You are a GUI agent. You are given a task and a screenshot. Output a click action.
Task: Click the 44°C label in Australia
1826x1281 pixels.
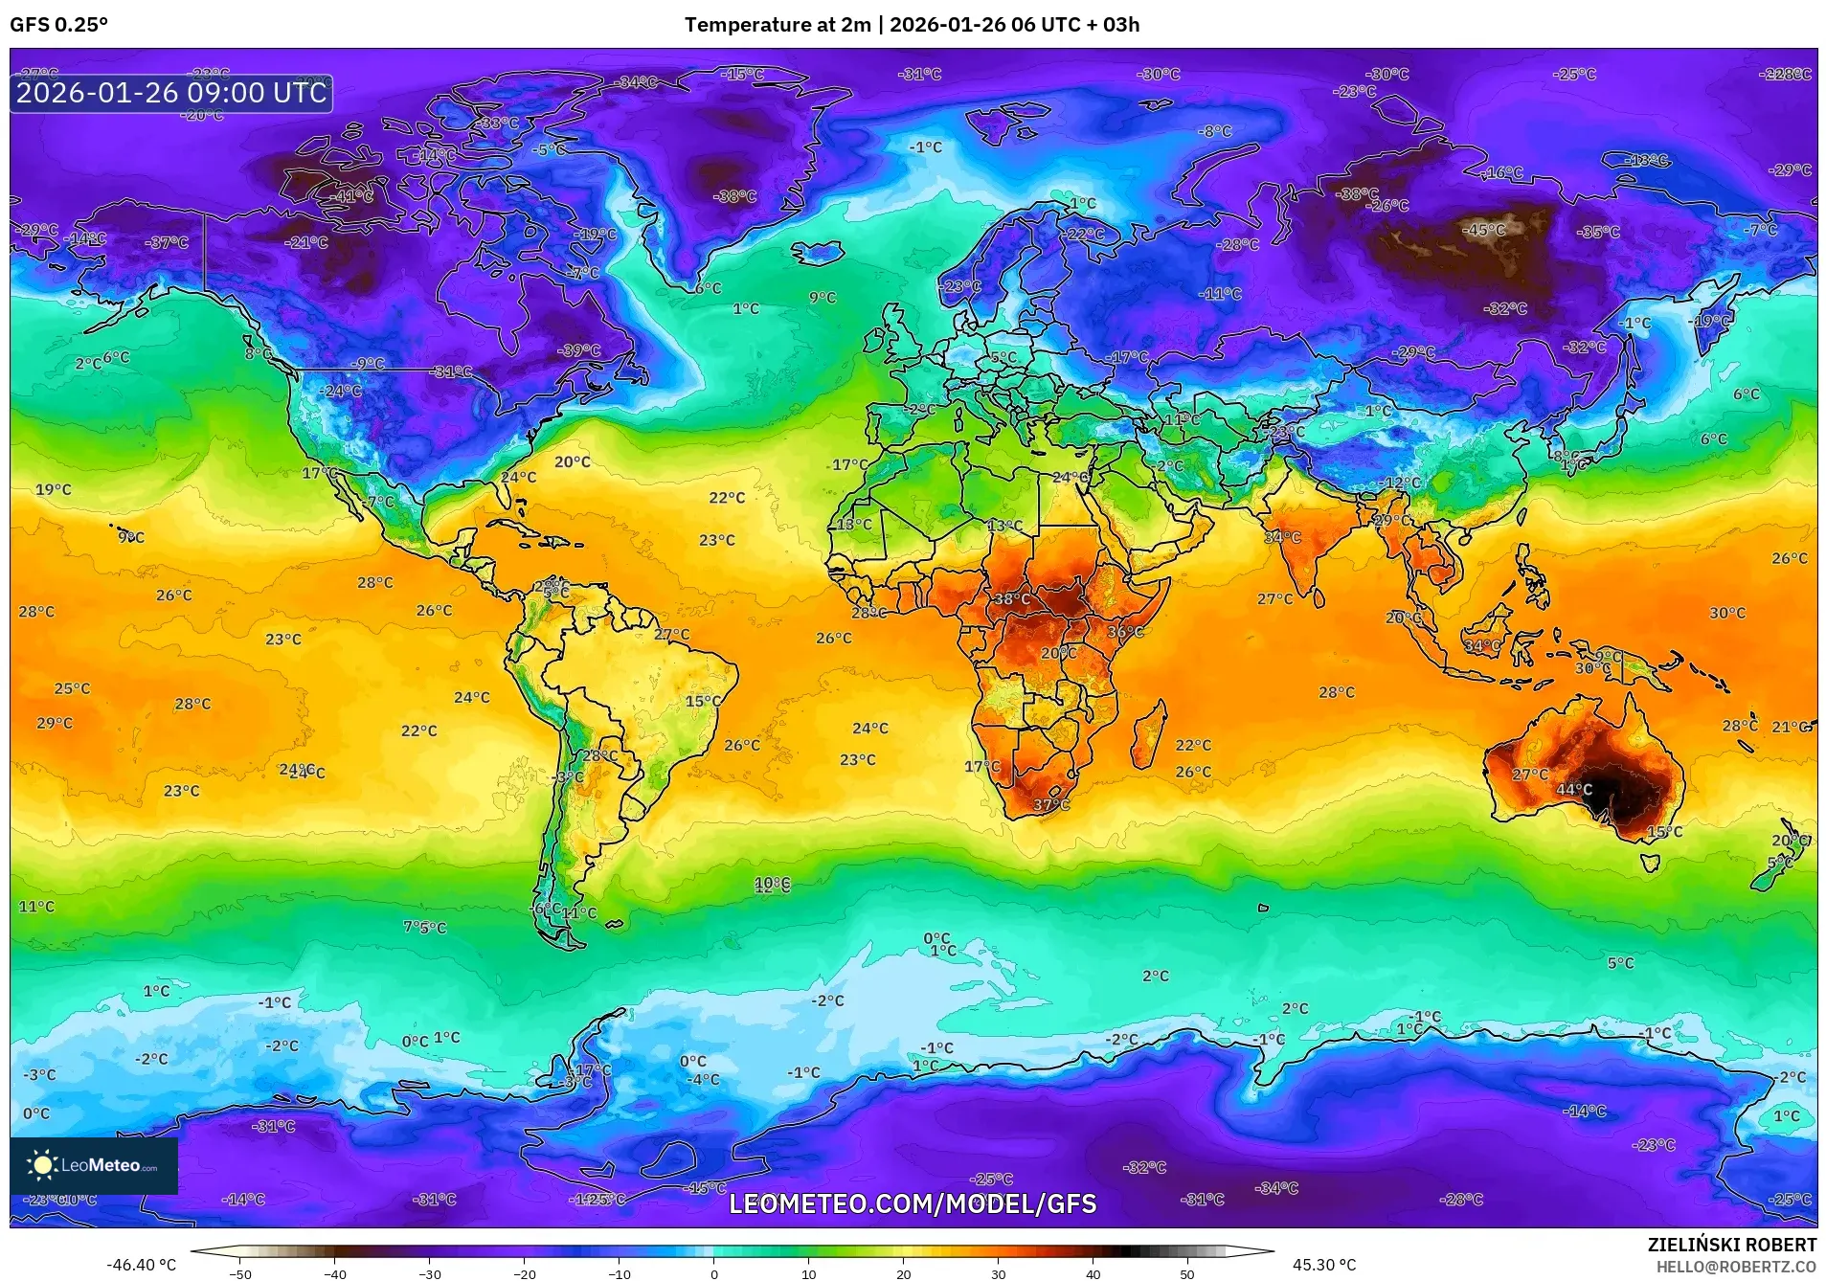(x=1574, y=790)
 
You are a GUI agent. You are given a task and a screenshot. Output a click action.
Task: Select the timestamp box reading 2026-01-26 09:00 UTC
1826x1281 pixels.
(x=171, y=93)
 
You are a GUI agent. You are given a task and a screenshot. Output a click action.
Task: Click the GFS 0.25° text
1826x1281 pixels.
(x=59, y=25)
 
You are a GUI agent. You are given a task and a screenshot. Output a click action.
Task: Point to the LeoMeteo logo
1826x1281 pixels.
(x=94, y=1165)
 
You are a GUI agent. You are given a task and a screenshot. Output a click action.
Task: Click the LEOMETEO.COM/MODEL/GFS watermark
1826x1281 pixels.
(x=913, y=1203)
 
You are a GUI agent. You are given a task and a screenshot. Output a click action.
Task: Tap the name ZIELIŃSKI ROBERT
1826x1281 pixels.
(x=1731, y=1245)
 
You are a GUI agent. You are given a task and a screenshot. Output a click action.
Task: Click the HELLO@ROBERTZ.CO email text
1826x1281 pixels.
(x=1735, y=1267)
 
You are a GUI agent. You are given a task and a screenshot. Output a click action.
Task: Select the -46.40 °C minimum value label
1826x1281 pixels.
(x=141, y=1265)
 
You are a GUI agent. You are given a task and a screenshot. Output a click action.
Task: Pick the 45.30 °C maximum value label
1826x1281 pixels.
(x=1324, y=1265)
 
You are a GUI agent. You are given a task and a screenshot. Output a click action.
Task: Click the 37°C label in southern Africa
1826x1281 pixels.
(x=1051, y=805)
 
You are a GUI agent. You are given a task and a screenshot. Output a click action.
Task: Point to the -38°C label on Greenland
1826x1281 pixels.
(x=734, y=196)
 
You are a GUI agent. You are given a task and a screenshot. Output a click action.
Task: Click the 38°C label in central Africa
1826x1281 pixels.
(x=1010, y=599)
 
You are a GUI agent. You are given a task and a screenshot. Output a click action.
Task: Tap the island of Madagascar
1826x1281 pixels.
(x=1149, y=733)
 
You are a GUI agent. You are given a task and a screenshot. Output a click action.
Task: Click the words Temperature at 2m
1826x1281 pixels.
(x=778, y=25)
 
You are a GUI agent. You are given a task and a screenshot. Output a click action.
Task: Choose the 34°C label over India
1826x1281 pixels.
(x=1282, y=538)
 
